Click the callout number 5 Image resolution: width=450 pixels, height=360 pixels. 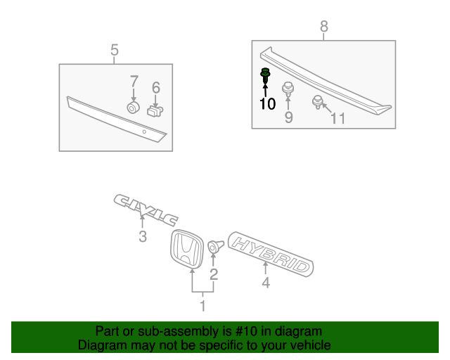tap(115, 50)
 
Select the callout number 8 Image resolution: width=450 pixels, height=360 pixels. tap(324, 27)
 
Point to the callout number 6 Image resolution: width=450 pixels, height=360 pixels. tap(156, 88)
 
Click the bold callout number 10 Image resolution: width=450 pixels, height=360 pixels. tap(267, 104)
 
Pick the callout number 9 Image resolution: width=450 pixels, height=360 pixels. tap(288, 117)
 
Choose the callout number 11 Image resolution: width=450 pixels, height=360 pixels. tap(338, 118)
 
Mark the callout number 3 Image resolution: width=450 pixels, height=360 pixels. tap(143, 236)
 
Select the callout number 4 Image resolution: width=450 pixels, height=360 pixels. tap(266, 283)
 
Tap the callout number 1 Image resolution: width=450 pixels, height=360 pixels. tap(202, 306)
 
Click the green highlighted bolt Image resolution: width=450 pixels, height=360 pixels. tap(266, 76)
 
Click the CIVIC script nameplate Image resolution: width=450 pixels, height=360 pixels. tap(146, 210)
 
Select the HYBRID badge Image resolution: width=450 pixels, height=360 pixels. tap(271, 252)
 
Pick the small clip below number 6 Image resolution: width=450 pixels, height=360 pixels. tap(155, 110)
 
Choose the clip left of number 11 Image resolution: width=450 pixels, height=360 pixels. tap(318, 103)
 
